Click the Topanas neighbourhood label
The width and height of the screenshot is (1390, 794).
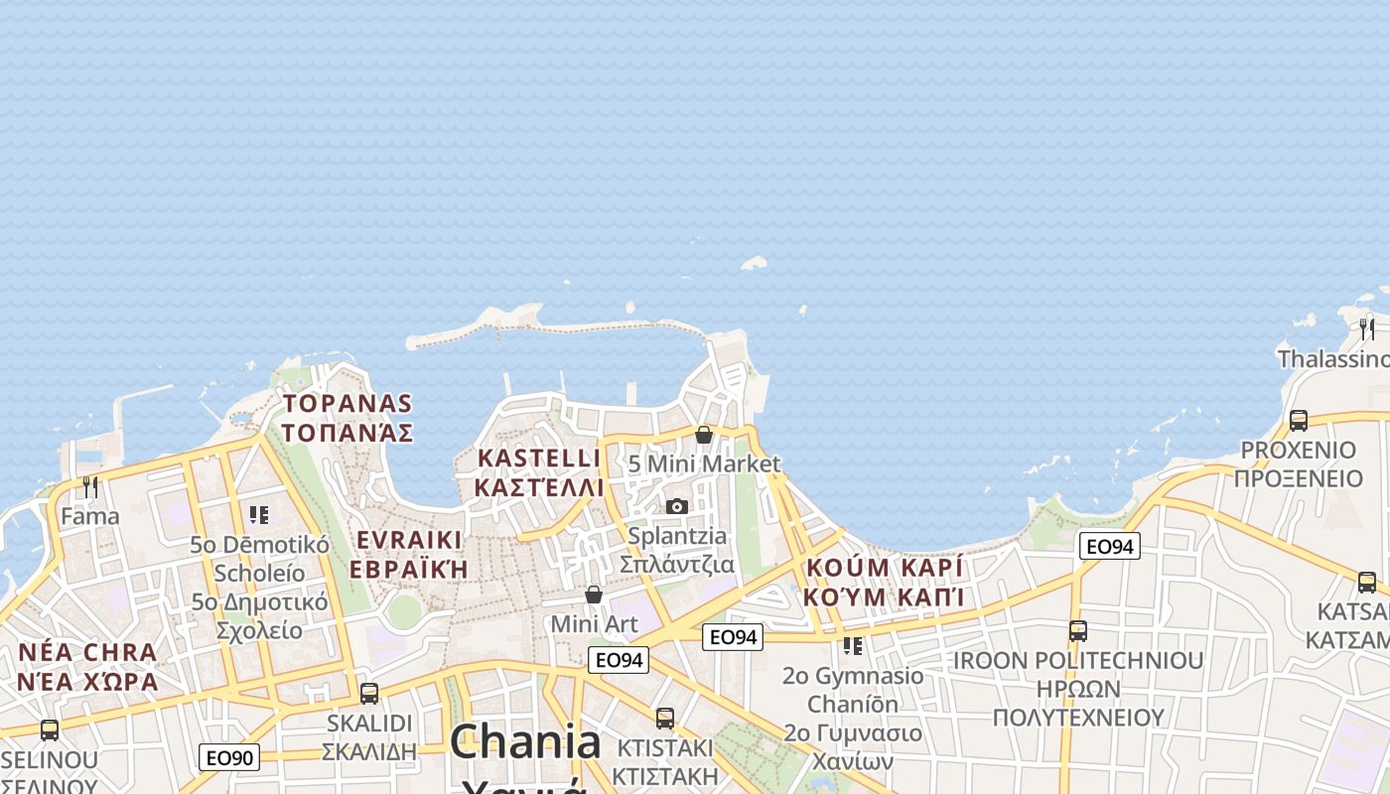[x=347, y=418]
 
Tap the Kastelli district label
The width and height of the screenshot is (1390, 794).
[x=538, y=472]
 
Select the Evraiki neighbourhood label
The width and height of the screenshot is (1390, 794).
[x=408, y=555]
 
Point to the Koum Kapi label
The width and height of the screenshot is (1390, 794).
[x=885, y=582]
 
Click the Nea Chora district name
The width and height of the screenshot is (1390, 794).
[x=87, y=667]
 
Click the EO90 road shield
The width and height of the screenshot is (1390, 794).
[x=229, y=758]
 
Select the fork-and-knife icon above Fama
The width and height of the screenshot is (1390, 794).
[x=90, y=486]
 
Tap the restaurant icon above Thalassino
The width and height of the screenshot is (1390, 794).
[x=1367, y=329]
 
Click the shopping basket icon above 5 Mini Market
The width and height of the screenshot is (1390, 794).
[x=704, y=435]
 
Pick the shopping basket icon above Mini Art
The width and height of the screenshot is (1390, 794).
[x=594, y=595]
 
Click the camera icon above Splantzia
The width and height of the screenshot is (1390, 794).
[x=677, y=507]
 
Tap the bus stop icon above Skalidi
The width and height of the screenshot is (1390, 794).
[x=369, y=693]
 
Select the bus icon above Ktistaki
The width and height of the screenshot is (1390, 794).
[x=665, y=718]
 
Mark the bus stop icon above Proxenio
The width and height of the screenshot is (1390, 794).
[x=1298, y=420]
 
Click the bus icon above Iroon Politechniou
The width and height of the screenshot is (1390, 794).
[x=1078, y=630]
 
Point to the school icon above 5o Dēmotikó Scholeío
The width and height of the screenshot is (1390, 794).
[x=259, y=514]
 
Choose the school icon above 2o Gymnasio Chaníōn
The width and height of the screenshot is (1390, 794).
[x=852, y=646]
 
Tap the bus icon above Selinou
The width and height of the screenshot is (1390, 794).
[x=50, y=730]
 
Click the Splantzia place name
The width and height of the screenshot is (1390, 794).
[x=677, y=550]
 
